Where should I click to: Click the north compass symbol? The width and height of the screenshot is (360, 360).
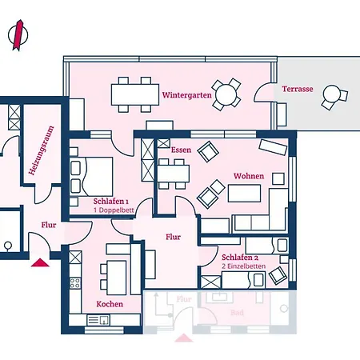click(x=15, y=35)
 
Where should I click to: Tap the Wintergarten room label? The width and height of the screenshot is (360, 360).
click(x=186, y=94)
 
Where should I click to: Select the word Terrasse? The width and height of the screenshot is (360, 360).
click(x=297, y=89)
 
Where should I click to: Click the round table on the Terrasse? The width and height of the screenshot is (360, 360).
click(x=329, y=98)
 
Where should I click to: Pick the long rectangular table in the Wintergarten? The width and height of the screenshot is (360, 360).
click(x=134, y=95)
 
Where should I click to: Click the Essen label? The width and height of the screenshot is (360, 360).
click(x=180, y=150)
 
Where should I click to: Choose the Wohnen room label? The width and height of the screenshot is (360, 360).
click(x=248, y=175)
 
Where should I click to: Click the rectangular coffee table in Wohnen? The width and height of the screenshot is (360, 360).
click(x=246, y=194)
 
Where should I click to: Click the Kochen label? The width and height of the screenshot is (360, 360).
click(x=109, y=304)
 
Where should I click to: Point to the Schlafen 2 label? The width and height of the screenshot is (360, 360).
click(x=239, y=258)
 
